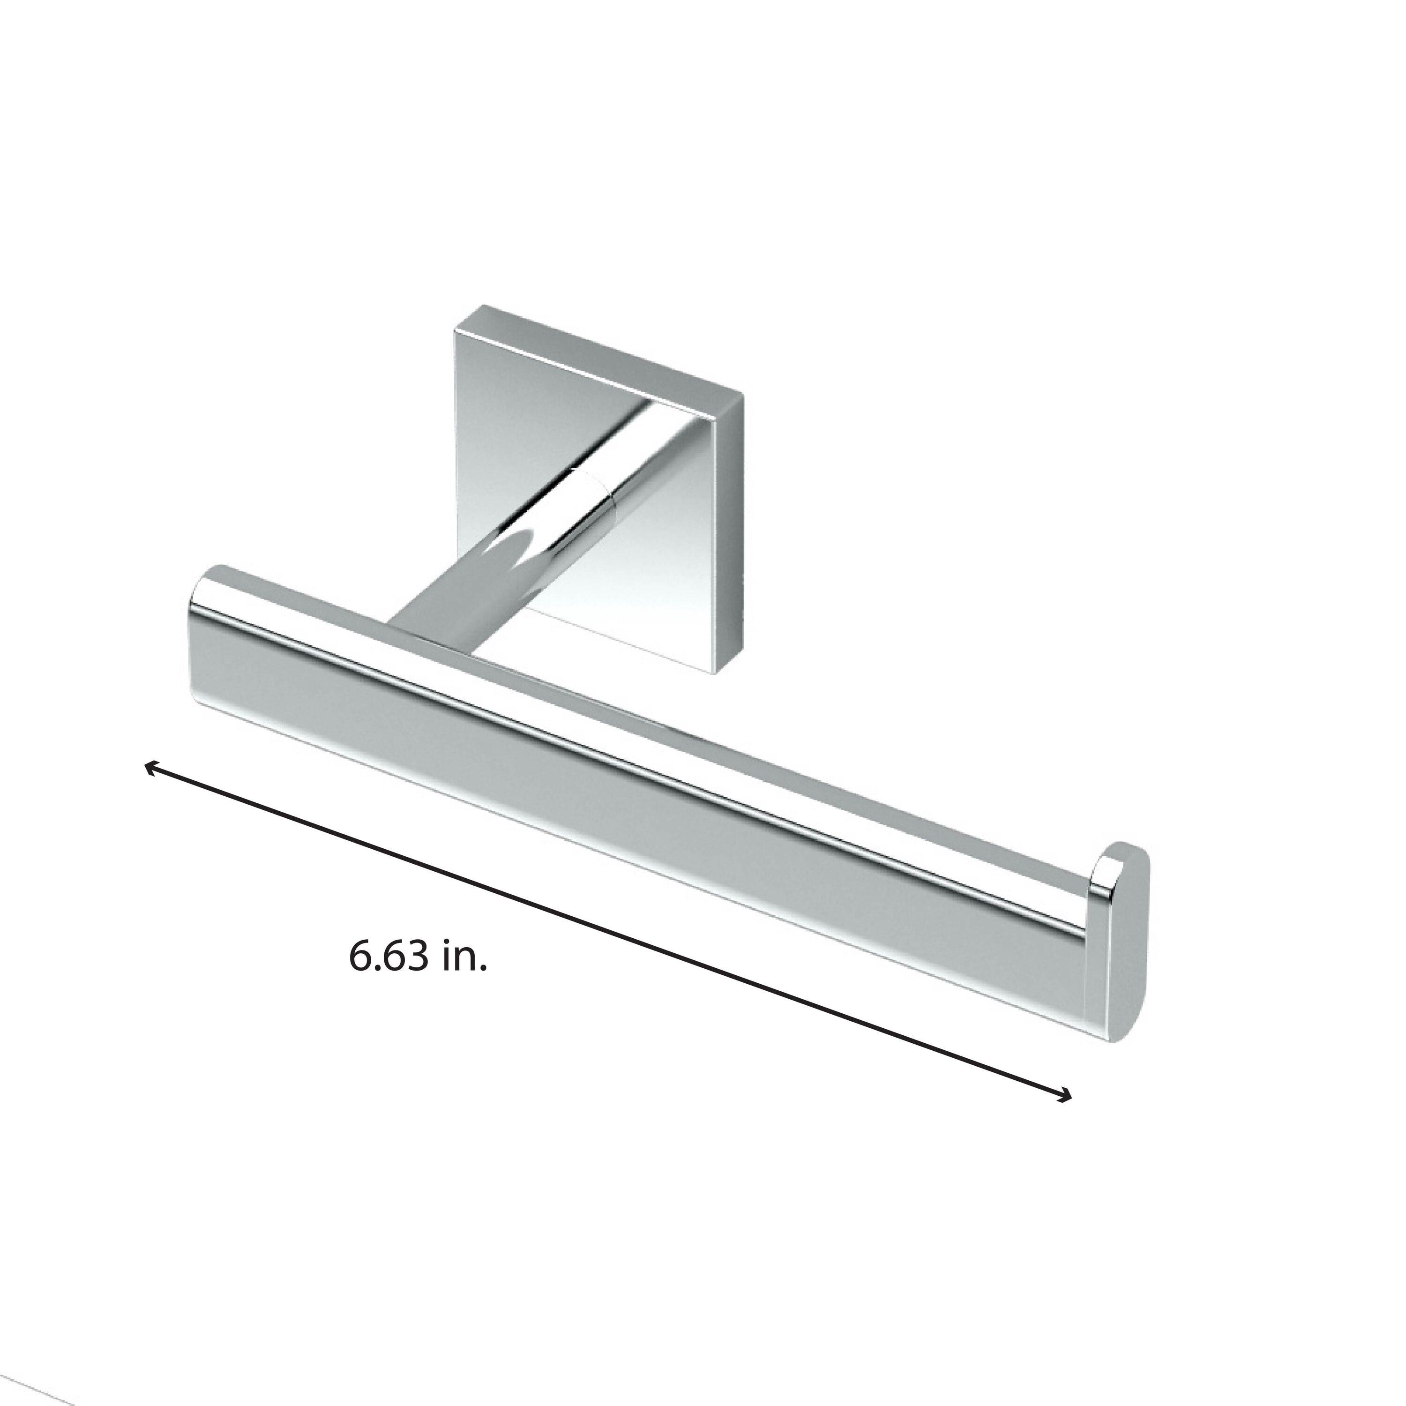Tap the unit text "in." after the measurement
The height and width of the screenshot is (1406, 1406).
click(x=463, y=956)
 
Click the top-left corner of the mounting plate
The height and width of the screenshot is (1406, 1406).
click(x=457, y=333)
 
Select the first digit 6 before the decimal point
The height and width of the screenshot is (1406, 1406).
click(x=361, y=956)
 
